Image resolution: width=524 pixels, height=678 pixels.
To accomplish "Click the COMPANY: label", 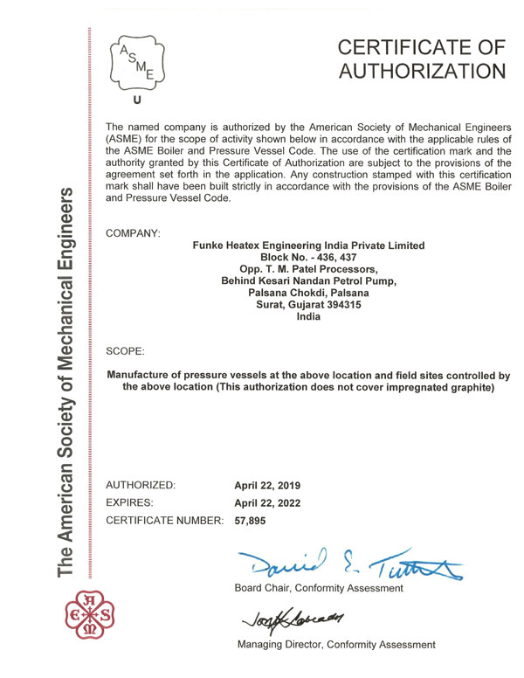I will pyautogui.click(x=132, y=233).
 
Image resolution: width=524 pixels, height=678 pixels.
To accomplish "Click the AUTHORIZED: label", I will pyautogui.click(x=141, y=484).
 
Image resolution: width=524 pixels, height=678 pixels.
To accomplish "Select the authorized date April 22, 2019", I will pyautogui.click(x=272, y=484).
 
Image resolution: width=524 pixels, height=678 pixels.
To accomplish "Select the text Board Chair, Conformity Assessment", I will pyautogui.click(x=319, y=588).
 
